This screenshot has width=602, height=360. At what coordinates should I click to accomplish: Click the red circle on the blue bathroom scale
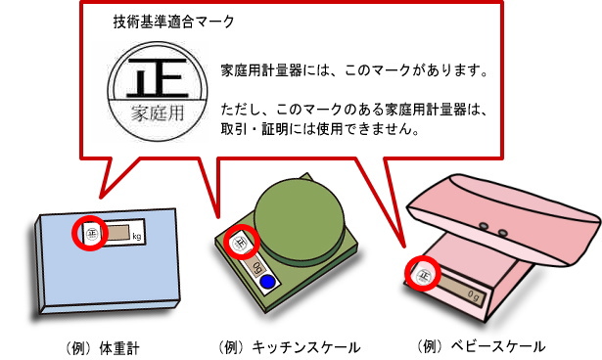tap(91, 233)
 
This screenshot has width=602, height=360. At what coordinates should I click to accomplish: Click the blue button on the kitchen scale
tap(268, 283)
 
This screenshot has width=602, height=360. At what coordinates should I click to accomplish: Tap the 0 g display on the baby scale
tap(468, 290)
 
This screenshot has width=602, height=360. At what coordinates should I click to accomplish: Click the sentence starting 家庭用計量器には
tap(353, 71)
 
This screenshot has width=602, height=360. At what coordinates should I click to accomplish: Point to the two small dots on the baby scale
tap(492, 231)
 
